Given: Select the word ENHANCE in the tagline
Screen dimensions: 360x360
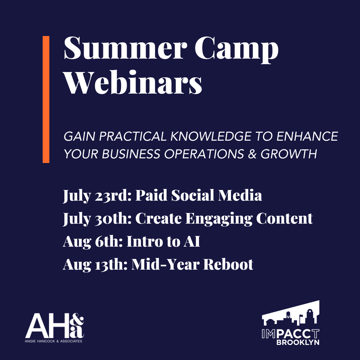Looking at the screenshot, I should (x=310, y=137).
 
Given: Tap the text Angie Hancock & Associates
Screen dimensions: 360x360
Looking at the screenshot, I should (x=54, y=341).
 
